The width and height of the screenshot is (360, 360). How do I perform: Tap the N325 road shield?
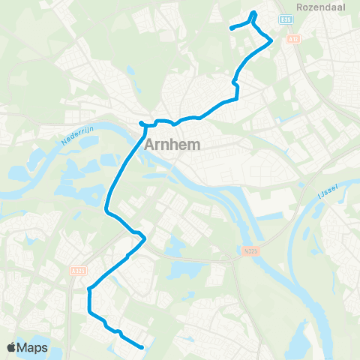click(x=250, y=250)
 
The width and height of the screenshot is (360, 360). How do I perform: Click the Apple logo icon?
click(x=12, y=347)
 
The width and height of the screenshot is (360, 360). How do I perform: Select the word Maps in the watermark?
click(x=33, y=347)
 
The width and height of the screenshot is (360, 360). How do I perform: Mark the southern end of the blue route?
click(x=142, y=346)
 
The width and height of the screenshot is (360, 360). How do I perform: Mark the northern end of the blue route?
click(x=231, y=28)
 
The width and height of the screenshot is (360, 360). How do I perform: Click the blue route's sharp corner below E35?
click(x=271, y=41)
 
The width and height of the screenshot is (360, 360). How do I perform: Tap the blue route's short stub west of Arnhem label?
click(x=140, y=123)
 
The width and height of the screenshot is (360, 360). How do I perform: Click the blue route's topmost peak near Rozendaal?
click(x=254, y=12)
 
